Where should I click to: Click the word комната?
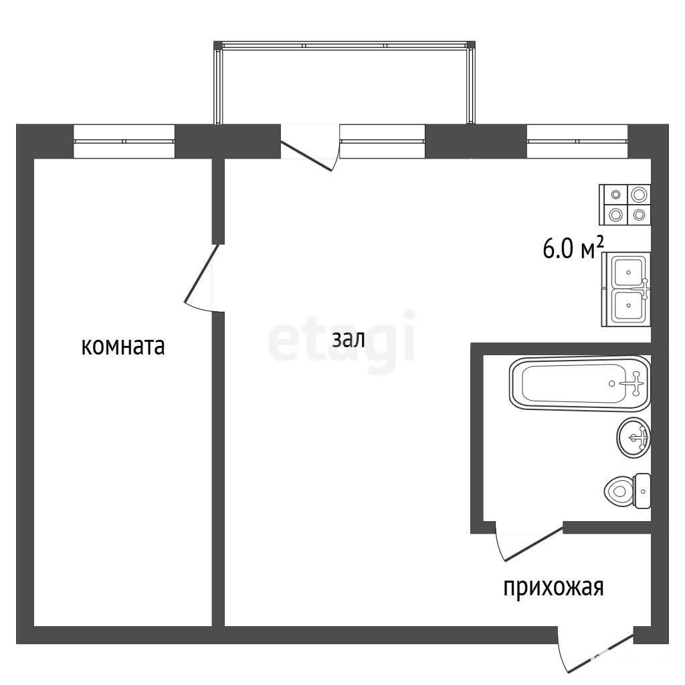pyautogui.click(x=123, y=347)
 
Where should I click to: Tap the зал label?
pyautogui.click(x=348, y=339)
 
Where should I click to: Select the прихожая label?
pyautogui.click(x=553, y=588)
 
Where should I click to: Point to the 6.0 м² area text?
pyautogui.click(x=573, y=249)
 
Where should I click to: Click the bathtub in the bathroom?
pyautogui.click(x=580, y=383)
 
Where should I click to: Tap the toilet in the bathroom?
pyautogui.click(x=627, y=491)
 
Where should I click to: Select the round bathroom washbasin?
pyautogui.click(x=634, y=437)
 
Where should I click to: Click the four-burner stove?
pyautogui.click(x=625, y=205)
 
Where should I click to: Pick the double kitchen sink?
pyautogui.click(x=626, y=289)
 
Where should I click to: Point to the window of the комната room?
pyautogui.click(x=124, y=141)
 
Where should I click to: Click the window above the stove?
pyautogui.click(x=577, y=141)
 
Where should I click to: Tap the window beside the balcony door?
pyautogui.click(x=382, y=141)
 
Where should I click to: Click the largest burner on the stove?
pyautogui.click(x=639, y=194)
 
